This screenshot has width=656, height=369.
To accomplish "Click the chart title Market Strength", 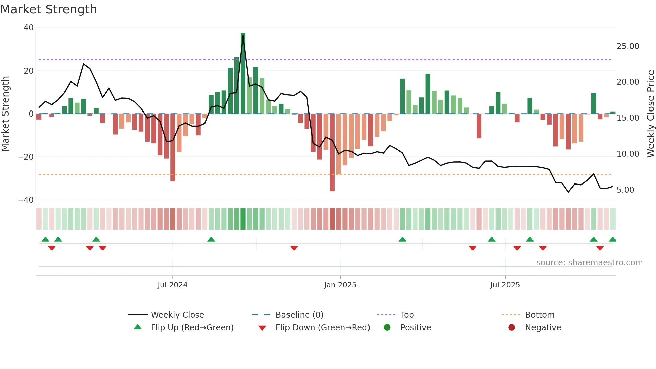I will tap(49, 9).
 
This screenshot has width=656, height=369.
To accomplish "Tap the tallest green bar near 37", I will tap(243, 74).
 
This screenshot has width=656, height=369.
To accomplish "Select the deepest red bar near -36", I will tap(332, 152).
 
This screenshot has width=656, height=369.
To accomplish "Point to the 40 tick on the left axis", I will tap(29, 28).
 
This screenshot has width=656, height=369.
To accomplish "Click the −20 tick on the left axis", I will tap(26, 157).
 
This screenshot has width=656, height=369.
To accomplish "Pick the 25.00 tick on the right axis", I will tap(628, 46).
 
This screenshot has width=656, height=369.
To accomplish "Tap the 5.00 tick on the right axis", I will tap(625, 190).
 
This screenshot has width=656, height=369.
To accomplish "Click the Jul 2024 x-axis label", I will tap(172, 285).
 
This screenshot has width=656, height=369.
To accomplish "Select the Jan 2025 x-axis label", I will tap(340, 285).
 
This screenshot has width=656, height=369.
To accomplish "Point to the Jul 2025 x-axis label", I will tap(505, 285).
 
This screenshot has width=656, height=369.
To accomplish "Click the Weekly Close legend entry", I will tap(177, 315).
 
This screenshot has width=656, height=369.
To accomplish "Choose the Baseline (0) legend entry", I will tap(299, 315).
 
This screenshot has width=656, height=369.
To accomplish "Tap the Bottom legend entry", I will tap(540, 315).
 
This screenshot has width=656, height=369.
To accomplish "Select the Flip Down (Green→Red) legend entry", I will tap(323, 328).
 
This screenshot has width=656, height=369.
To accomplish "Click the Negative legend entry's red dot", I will tap(512, 328).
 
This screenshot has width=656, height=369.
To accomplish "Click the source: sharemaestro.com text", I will tap(589, 263).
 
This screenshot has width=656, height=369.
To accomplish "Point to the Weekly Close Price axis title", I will tap(650, 114).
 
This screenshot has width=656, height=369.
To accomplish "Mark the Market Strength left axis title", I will tap(6, 114).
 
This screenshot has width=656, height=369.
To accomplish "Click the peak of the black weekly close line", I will tap(243, 36).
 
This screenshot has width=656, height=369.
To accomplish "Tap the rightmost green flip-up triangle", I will tap(612, 240).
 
